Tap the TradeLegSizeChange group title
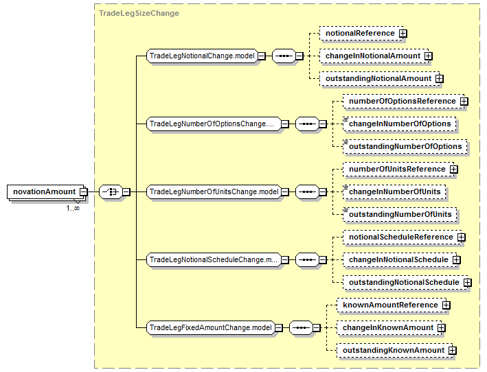[139, 13]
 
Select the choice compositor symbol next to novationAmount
[111, 191]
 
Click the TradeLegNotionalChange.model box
[202, 56]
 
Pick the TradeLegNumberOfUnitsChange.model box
[214, 191]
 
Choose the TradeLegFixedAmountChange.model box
[211, 327]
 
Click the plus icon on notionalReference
[403, 33]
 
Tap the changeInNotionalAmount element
[374, 56]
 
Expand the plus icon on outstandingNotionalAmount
[439, 78]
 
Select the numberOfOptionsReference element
[403, 101]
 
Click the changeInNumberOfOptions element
[399, 124]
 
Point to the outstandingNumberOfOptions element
[405, 146]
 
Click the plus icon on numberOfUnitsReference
[454, 169]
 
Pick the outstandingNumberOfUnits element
[400, 214]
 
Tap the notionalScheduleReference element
[403, 237]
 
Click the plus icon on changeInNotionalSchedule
[457, 259]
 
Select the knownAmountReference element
[392, 305]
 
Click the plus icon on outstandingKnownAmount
[453, 350]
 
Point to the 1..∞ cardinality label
[73, 208]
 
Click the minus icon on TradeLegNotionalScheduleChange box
[285, 259]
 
